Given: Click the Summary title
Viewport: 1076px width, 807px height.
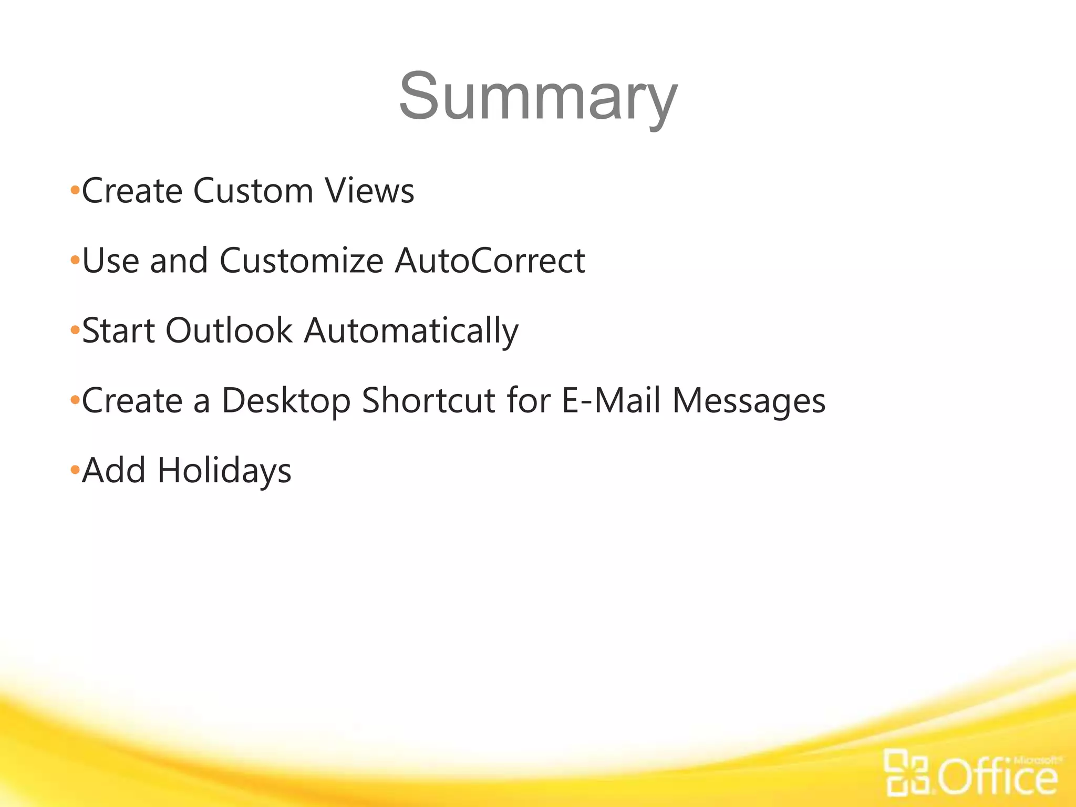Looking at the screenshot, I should (x=538, y=97).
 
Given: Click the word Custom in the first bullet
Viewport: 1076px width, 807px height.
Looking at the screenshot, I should (x=253, y=190).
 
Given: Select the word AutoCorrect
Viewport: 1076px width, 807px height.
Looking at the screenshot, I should (x=490, y=260).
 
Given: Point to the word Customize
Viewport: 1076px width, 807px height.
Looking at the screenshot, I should (x=302, y=260).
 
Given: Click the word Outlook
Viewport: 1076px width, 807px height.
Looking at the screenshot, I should (x=229, y=330).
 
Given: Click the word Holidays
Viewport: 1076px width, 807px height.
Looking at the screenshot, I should (x=224, y=471).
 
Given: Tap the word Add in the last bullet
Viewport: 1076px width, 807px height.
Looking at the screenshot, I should (x=114, y=470).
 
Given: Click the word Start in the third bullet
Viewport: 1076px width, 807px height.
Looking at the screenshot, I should (x=118, y=330).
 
